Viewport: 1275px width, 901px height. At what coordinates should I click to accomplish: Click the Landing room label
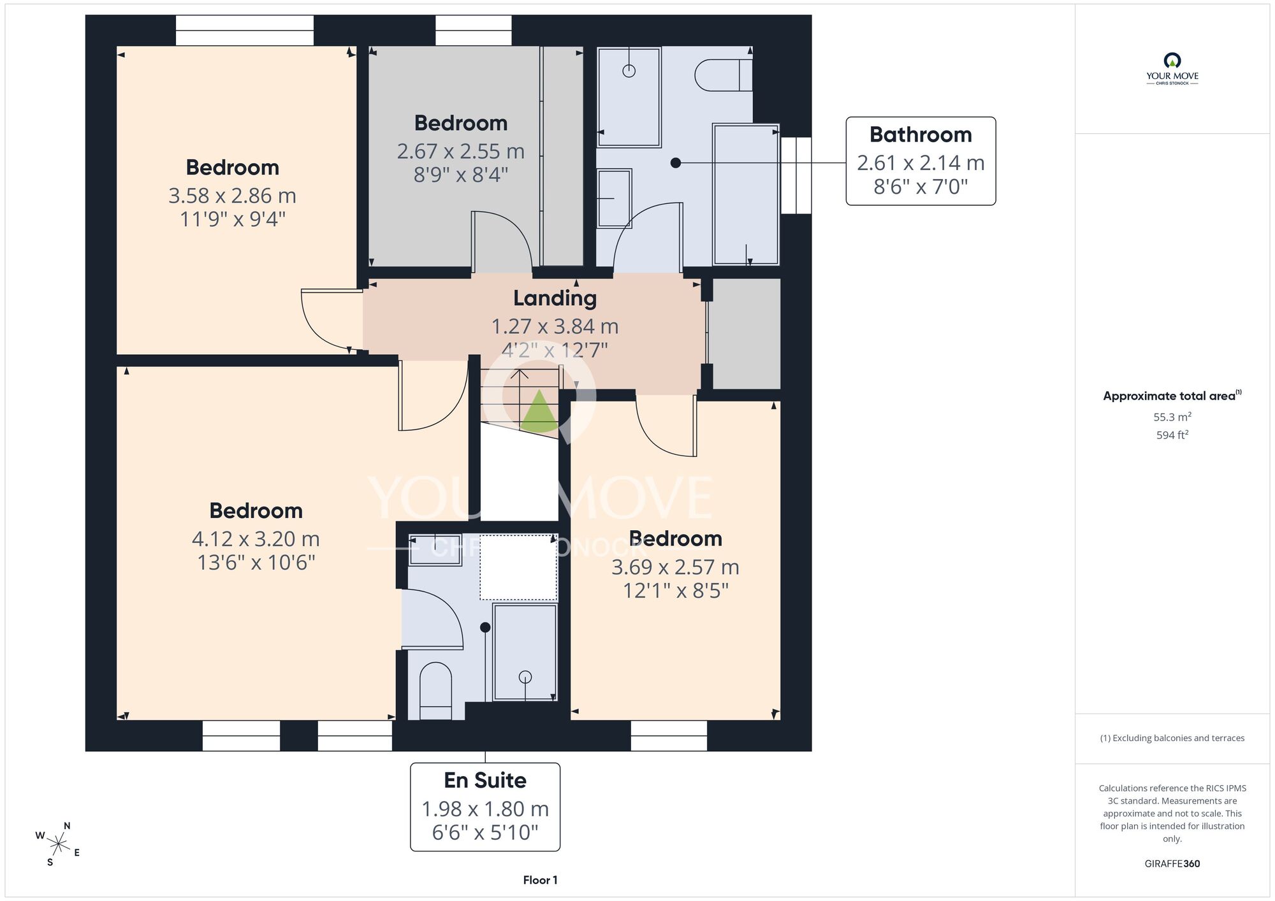[x=555, y=298]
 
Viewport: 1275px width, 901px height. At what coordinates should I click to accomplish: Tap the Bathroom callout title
[x=921, y=134]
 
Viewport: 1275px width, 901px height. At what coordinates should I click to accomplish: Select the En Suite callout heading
[x=485, y=780]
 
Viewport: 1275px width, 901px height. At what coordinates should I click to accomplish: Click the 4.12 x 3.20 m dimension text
[x=256, y=539]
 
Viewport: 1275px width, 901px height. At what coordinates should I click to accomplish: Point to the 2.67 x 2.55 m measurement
[x=461, y=152]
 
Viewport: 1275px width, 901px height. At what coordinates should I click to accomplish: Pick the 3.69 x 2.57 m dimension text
[x=675, y=567]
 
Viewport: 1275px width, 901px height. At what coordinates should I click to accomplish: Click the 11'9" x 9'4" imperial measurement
[x=233, y=219]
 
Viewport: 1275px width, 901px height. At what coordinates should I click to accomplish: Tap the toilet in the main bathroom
[x=724, y=75]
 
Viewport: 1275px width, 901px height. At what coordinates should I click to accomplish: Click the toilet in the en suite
[x=436, y=691]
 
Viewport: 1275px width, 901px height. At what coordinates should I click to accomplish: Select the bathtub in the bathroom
[x=746, y=194]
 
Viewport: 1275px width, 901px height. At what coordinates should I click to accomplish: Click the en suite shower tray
[x=525, y=652]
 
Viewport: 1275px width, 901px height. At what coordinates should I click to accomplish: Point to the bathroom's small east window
[x=796, y=175]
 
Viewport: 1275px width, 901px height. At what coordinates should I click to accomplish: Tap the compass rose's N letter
[x=67, y=826]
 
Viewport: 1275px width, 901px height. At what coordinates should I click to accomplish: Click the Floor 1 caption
[x=540, y=880]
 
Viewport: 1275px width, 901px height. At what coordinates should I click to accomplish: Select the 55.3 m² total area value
[x=1172, y=417]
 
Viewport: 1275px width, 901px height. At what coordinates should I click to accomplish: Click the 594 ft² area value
[x=1172, y=435]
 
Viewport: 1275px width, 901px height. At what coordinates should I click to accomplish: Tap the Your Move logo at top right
[x=1172, y=69]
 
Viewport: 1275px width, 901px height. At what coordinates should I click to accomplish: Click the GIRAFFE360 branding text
[x=1172, y=864]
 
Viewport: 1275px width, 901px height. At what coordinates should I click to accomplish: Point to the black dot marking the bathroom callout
[x=676, y=163]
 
